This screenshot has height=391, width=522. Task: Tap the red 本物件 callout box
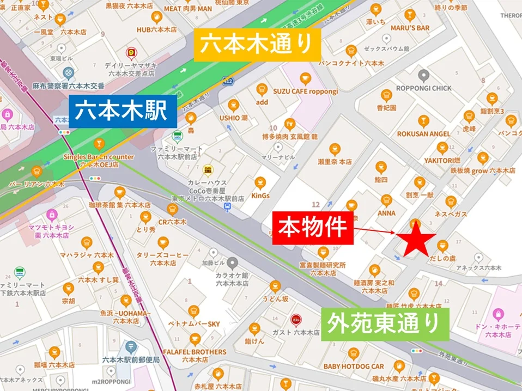coord(312,228)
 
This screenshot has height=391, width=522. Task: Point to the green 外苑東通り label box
coord(384,325)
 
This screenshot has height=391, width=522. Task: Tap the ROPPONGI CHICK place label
coord(423,88)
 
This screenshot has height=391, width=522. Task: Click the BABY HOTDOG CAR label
coord(354,366)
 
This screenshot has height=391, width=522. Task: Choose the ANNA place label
coord(386,213)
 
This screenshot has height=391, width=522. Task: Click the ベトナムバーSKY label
coord(194,324)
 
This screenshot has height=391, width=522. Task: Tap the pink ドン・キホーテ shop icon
coord(497,314)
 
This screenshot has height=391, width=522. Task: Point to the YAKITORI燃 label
coord(442,161)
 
